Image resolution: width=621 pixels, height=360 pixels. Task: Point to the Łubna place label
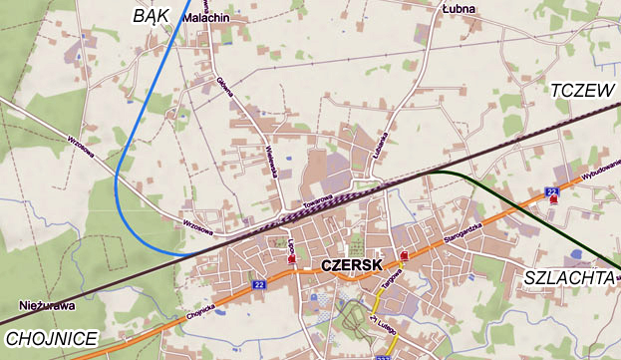click(x=460, y=10)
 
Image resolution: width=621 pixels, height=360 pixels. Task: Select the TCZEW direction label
click(x=582, y=91)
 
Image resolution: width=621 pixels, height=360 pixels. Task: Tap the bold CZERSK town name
click(x=353, y=266)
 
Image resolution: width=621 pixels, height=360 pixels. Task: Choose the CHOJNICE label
click(x=49, y=338)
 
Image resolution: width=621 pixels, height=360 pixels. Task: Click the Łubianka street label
click(x=378, y=148)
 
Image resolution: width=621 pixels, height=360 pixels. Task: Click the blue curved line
click(x=120, y=180)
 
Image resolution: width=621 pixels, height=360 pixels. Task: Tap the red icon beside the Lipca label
click(x=291, y=259)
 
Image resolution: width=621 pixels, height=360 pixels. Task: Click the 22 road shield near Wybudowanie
click(x=551, y=190)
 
